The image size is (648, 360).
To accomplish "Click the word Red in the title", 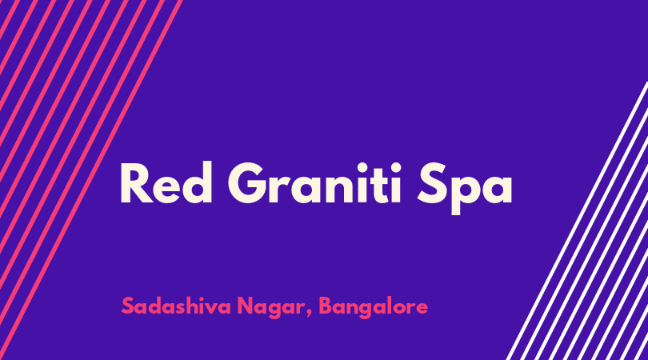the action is point(166,182).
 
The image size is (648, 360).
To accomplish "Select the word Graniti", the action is point(314,182).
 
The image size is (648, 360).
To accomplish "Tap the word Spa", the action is point(465,188).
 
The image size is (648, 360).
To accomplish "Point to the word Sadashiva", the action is point(176,306).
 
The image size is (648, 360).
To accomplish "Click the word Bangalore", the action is point(373,308).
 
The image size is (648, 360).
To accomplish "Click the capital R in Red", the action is point(136,182).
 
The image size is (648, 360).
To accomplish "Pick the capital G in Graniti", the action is point(248,182).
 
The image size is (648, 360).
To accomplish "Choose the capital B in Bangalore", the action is point(326,306).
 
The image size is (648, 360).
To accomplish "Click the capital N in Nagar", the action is point(246,306).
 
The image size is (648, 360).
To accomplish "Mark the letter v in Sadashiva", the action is point(214,308).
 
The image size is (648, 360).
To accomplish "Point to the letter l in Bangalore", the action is point(390,306).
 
